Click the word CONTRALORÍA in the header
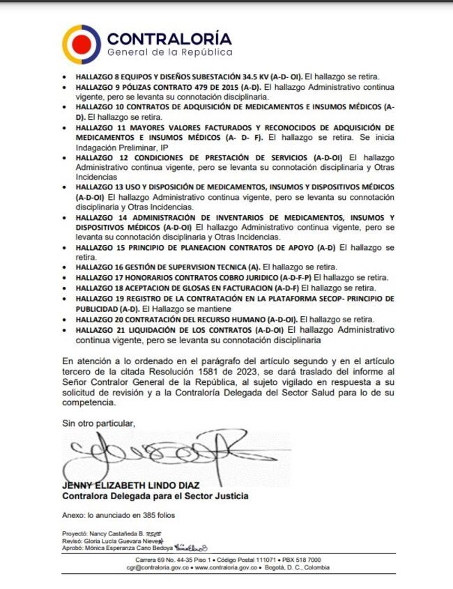click(x=169, y=38)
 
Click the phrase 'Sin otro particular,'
click(x=98, y=423)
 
